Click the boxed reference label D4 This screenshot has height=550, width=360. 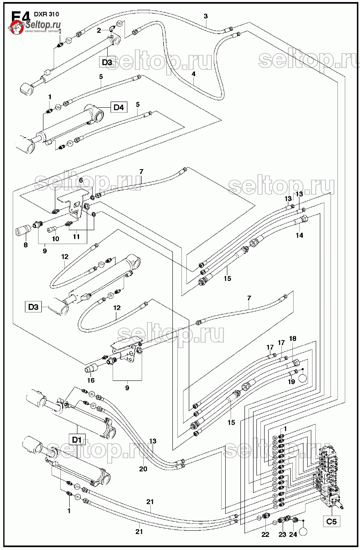pyautogui.click(x=119, y=108)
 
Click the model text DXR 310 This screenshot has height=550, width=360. pyautogui.click(x=46, y=14)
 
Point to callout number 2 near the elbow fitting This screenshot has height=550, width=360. pyautogui.click(x=99, y=30)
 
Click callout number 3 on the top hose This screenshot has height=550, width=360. pyautogui.click(x=206, y=16)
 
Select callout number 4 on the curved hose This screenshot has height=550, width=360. pyautogui.click(x=193, y=75)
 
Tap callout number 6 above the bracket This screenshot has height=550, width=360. pyautogui.click(x=81, y=180)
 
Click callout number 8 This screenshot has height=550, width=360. pyautogui.click(x=25, y=245)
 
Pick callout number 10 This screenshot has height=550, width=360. pyautogui.click(x=55, y=239)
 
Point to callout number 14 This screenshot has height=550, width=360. pyautogui.click(x=299, y=235)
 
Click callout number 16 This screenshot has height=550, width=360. pyautogui.click(x=91, y=380)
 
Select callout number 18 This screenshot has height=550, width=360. pyautogui.click(x=292, y=338)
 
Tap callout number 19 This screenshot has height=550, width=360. pyautogui.click(x=291, y=382)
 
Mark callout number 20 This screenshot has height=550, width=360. pyautogui.click(x=143, y=469)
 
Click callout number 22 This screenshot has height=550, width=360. pyautogui.click(x=265, y=534)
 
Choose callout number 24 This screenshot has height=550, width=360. pyautogui.click(x=293, y=534)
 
